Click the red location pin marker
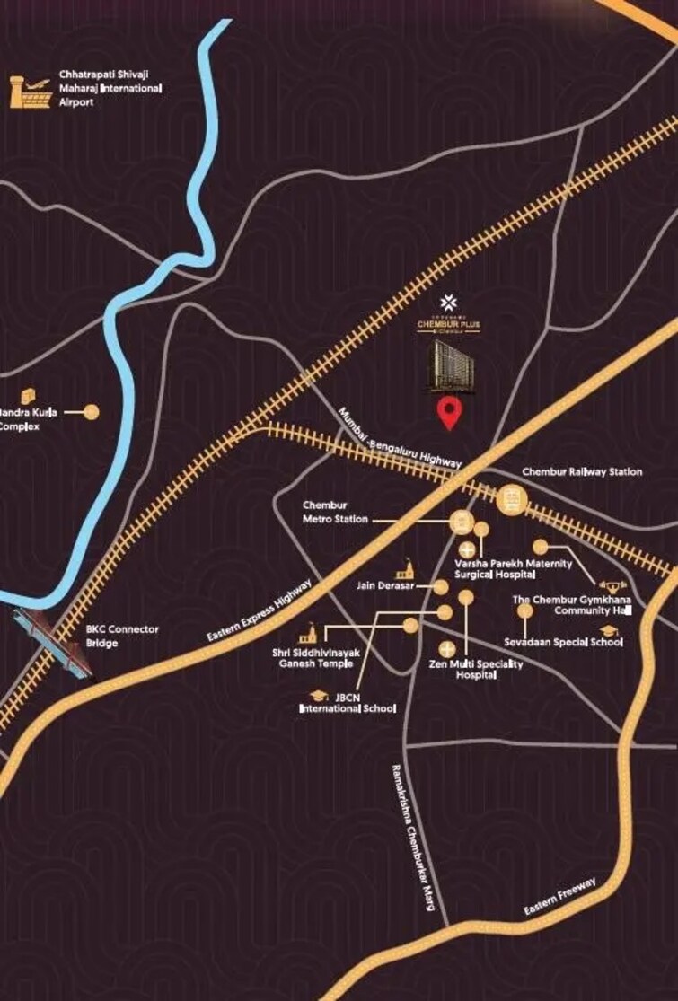click(x=450, y=414)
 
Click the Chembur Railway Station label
click(x=582, y=472)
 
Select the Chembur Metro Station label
click(x=335, y=512)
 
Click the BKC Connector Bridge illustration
click(x=52, y=643)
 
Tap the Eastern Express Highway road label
click(x=260, y=610)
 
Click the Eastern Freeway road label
click(x=560, y=897)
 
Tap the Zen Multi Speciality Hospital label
click(x=476, y=670)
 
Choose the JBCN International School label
click(x=348, y=703)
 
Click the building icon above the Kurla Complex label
click(x=28, y=396)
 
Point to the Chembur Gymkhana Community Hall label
click(x=572, y=604)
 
